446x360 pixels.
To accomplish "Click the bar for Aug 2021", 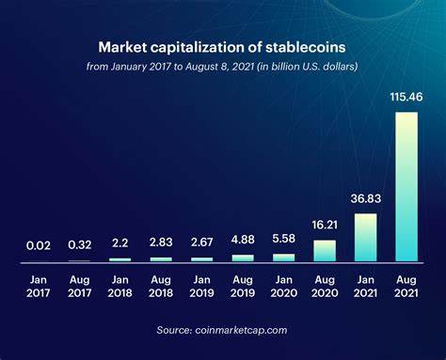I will point(406,186).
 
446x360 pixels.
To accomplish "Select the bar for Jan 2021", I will point(365,237).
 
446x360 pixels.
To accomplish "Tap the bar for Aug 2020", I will point(324,250).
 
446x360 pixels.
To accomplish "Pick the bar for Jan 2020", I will point(283,257).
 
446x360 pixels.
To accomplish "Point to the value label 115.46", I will point(406,97).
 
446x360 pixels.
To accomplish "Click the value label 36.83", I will point(365,199).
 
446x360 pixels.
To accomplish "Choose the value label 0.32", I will point(80,245).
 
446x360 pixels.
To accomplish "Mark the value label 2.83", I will point(161,243).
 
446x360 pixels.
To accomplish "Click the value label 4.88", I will point(243,241).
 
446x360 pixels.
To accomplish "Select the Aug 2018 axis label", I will point(161,286).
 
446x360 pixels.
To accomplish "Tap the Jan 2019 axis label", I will point(201,286).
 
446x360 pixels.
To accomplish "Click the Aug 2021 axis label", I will point(406,286).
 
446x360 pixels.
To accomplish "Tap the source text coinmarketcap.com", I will point(223,330).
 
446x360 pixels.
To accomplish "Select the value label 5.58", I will point(283,240).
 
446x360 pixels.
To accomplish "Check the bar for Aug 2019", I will point(243,257).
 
